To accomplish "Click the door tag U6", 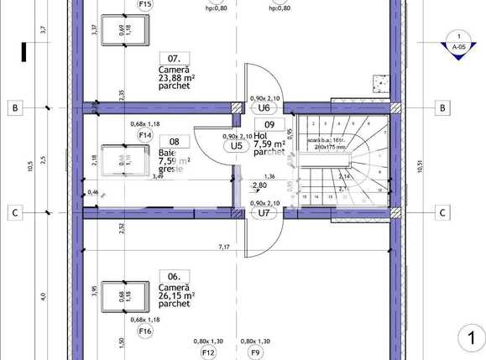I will point(263,107).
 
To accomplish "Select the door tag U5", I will point(237,145).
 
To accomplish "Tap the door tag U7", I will point(263,212).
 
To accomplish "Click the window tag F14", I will point(144,134).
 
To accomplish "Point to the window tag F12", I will point(208,352).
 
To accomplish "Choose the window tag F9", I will point(255,352).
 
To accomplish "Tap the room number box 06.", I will point(173,275).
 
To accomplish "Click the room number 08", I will point(174,142).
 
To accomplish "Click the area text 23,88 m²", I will point(176,81).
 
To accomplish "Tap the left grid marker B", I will point(14,107).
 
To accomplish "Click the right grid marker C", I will point(442,212).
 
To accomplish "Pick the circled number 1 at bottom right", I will point(471,338).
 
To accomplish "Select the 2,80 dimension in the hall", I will point(259,185).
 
